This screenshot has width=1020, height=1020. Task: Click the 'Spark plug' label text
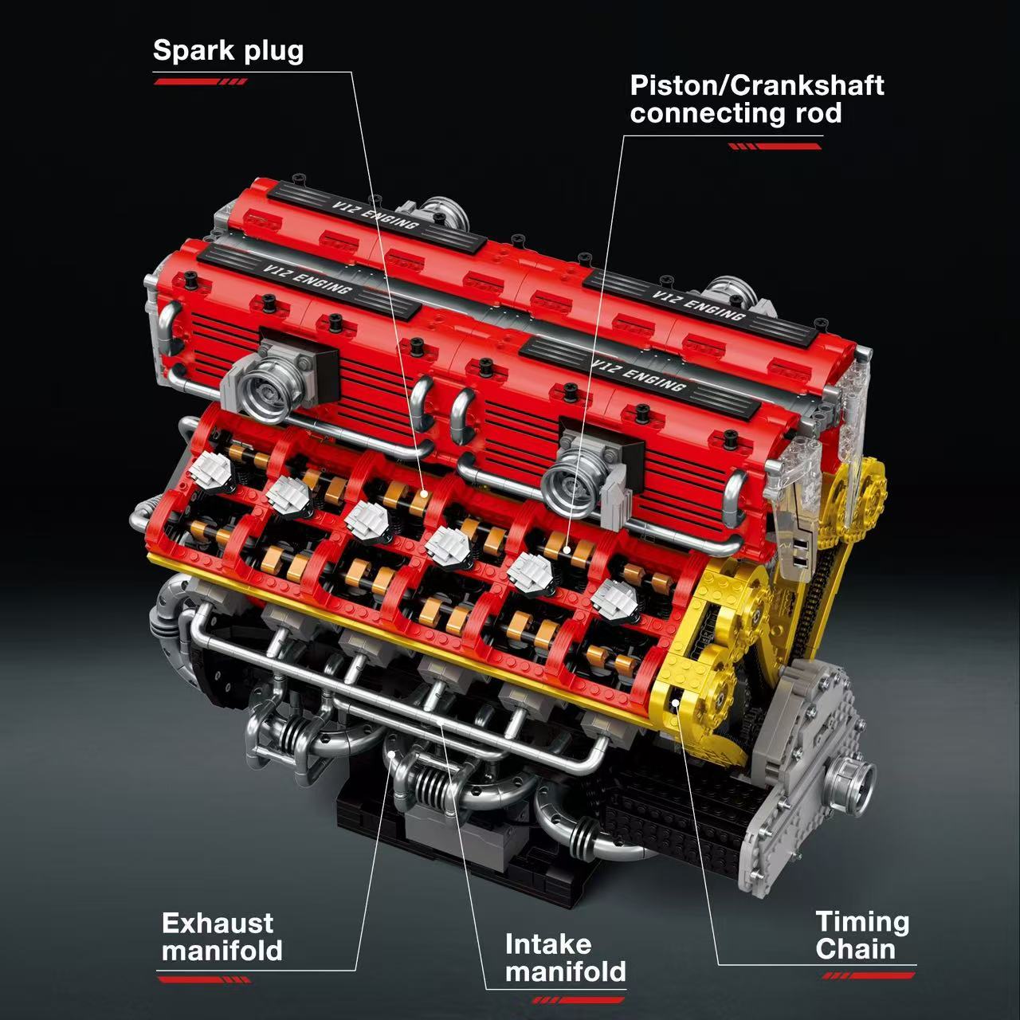tap(228, 50)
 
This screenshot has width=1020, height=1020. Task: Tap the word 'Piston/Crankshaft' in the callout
tap(756, 85)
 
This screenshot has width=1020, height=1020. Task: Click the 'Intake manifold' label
tap(565, 958)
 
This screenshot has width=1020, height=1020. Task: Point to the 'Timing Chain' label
tap(862, 936)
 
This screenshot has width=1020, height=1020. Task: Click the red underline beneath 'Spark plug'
tap(200, 81)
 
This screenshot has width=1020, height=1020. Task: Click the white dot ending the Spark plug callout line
tap(426, 496)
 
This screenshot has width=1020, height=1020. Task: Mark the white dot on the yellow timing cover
tap(677, 701)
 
